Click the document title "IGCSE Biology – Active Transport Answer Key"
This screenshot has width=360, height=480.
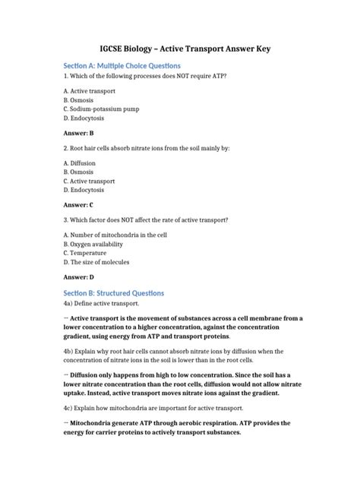(179, 48)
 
